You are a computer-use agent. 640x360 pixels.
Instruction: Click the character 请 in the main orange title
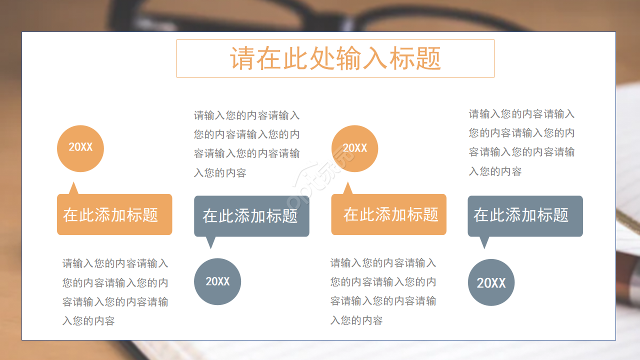(242, 58)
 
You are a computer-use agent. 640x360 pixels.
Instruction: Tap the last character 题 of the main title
(428, 58)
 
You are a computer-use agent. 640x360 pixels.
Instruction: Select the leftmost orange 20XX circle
(80, 148)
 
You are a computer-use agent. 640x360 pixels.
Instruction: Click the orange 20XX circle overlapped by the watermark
(354, 148)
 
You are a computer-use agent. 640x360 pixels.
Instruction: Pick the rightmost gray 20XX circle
(491, 282)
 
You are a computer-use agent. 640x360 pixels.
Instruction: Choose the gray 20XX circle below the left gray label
(217, 281)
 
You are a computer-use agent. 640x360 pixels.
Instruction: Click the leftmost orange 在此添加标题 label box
(114, 214)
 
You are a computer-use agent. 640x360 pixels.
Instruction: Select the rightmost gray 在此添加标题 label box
(525, 215)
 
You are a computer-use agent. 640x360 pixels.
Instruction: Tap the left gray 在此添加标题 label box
(251, 216)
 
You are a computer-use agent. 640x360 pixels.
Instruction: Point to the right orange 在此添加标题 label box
(388, 214)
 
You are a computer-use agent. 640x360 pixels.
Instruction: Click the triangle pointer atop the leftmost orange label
(74, 189)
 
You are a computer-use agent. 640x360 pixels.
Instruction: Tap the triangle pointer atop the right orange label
(347, 189)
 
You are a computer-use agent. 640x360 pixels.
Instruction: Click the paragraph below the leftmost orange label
(115, 292)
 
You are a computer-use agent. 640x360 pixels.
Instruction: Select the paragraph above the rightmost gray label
(521, 142)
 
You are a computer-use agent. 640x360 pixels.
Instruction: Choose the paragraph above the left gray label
(246, 144)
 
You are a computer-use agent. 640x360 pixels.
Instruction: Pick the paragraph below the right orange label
(383, 291)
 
